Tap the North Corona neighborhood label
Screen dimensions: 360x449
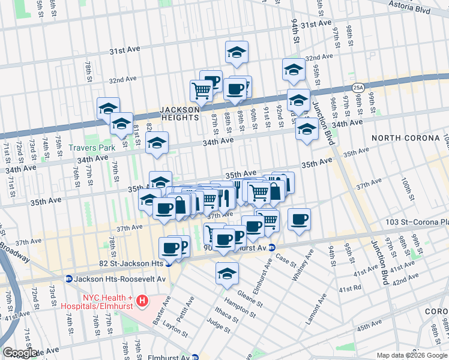[x=405, y=138]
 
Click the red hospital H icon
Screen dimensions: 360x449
[x=142, y=300]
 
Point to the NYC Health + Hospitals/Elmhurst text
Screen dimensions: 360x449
[x=99, y=303]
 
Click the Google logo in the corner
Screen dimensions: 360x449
[x=21, y=353]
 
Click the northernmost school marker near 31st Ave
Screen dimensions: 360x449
[x=237, y=52]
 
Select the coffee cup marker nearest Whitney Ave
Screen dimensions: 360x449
[x=299, y=220]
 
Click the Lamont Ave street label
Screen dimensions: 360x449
[x=316, y=309]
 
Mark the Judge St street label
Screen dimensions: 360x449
[x=218, y=325]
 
